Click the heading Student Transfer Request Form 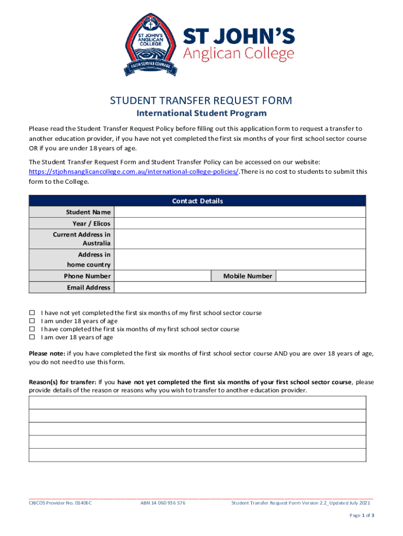pos(201,100)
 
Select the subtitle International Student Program pos(201,114)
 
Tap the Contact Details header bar pos(197,201)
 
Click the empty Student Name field pos(240,212)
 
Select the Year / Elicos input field pos(240,224)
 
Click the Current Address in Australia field pos(240,239)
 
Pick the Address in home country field pos(240,260)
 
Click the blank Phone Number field pos(162,276)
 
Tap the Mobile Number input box pos(320,276)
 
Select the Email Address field pos(240,287)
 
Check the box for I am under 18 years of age pos(31,321)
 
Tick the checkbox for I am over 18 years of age pos(31,338)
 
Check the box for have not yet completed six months pos(31,313)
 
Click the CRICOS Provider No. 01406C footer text pos(60,503)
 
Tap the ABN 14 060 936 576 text pos(163,503)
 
